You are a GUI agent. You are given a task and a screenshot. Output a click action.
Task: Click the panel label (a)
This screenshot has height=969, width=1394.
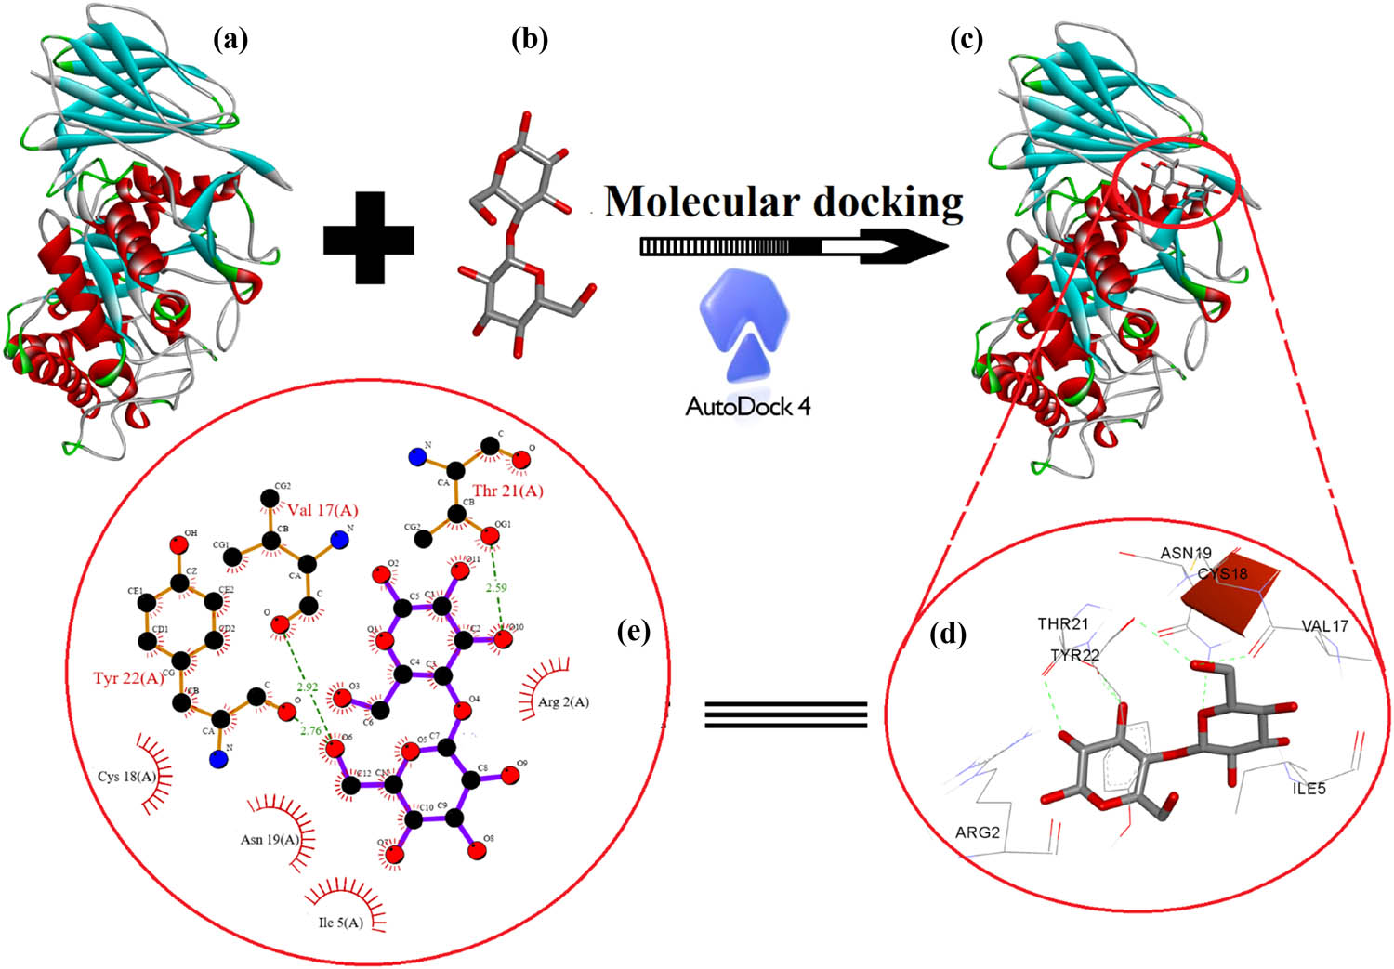coord(230,39)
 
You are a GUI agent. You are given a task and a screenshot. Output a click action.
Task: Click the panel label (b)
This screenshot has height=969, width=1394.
coord(530,39)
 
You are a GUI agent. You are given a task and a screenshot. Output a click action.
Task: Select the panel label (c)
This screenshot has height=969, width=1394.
coord(967,39)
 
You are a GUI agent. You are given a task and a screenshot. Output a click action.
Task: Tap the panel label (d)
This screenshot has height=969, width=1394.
coord(948,635)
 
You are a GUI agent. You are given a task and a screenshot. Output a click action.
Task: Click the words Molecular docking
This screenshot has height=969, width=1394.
coord(783,201)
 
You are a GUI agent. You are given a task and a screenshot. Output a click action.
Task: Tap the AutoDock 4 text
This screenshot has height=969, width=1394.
coord(747,406)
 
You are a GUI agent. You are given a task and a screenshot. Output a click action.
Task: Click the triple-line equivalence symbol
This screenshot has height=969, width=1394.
coord(785,714)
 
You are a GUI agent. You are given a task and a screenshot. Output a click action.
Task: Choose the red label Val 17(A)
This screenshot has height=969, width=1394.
coord(322,510)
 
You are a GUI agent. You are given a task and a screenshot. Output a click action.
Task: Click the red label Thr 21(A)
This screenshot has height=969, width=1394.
coord(507,491)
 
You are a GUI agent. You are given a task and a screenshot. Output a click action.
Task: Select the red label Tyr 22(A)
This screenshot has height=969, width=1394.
coord(128,678)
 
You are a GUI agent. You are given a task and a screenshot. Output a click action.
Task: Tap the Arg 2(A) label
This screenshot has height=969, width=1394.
coord(563,702)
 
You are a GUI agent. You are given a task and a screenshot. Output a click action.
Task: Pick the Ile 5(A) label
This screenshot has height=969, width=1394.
coord(340,923)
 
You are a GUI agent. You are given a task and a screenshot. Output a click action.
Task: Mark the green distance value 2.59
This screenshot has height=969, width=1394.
coord(496,588)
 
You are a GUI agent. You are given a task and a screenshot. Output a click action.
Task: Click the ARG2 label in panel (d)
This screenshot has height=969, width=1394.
coord(977,832)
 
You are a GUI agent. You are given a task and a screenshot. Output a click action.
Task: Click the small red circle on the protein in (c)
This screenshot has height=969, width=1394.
coord(1176,181)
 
